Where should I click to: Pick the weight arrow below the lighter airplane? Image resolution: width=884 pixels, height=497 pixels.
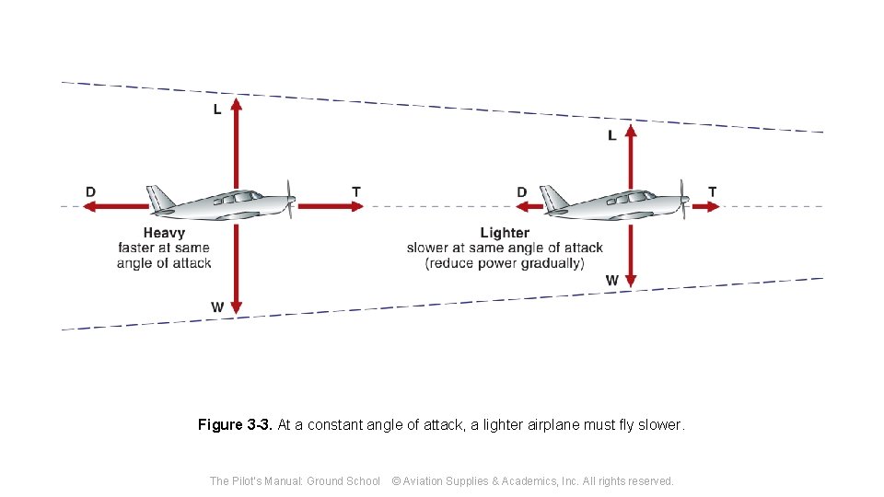pyautogui.click(x=631, y=253)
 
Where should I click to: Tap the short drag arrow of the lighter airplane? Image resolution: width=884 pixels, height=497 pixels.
pyautogui.click(x=529, y=206)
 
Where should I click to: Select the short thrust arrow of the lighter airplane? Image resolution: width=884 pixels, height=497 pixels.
pyautogui.click(x=705, y=206)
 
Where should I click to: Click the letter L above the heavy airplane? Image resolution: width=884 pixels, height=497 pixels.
pyautogui.click(x=217, y=110)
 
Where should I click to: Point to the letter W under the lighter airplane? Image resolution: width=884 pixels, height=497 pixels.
pyautogui.click(x=612, y=280)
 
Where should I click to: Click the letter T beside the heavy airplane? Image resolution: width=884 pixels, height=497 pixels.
pyautogui.click(x=356, y=191)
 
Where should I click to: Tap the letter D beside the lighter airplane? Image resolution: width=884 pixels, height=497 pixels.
pyautogui.click(x=522, y=191)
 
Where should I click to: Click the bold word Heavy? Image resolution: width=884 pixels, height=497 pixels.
pyautogui.click(x=164, y=233)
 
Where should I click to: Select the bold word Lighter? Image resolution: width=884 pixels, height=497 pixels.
pyautogui.click(x=505, y=233)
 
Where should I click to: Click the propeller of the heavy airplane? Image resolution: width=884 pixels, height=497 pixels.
pyautogui.click(x=291, y=199)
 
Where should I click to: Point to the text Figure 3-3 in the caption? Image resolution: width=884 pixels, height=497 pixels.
pyautogui.click(x=234, y=425)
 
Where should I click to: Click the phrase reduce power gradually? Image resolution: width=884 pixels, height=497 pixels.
pyautogui.click(x=505, y=263)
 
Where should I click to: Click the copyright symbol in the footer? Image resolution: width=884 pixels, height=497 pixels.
pyautogui.click(x=397, y=480)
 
